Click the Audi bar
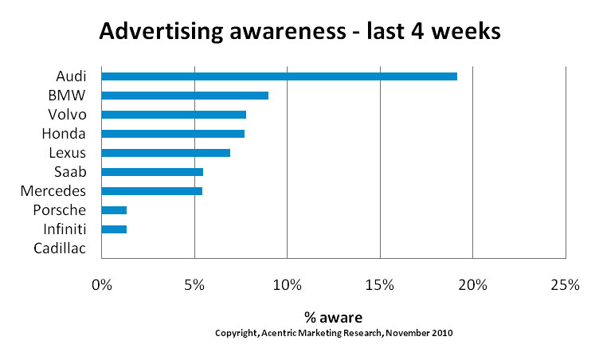click(x=279, y=76)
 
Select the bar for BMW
click(x=185, y=96)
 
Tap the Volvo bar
click(x=174, y=115)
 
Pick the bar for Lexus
click(x=166, y=152)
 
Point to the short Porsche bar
click(x=114, y=210)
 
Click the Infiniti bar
click(x=114, y=229)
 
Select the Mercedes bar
click(x=152, y=191)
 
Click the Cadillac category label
click(x=60, y=248)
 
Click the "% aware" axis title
click(x=333, y=318)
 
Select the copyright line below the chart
click(x=334, y=333)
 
